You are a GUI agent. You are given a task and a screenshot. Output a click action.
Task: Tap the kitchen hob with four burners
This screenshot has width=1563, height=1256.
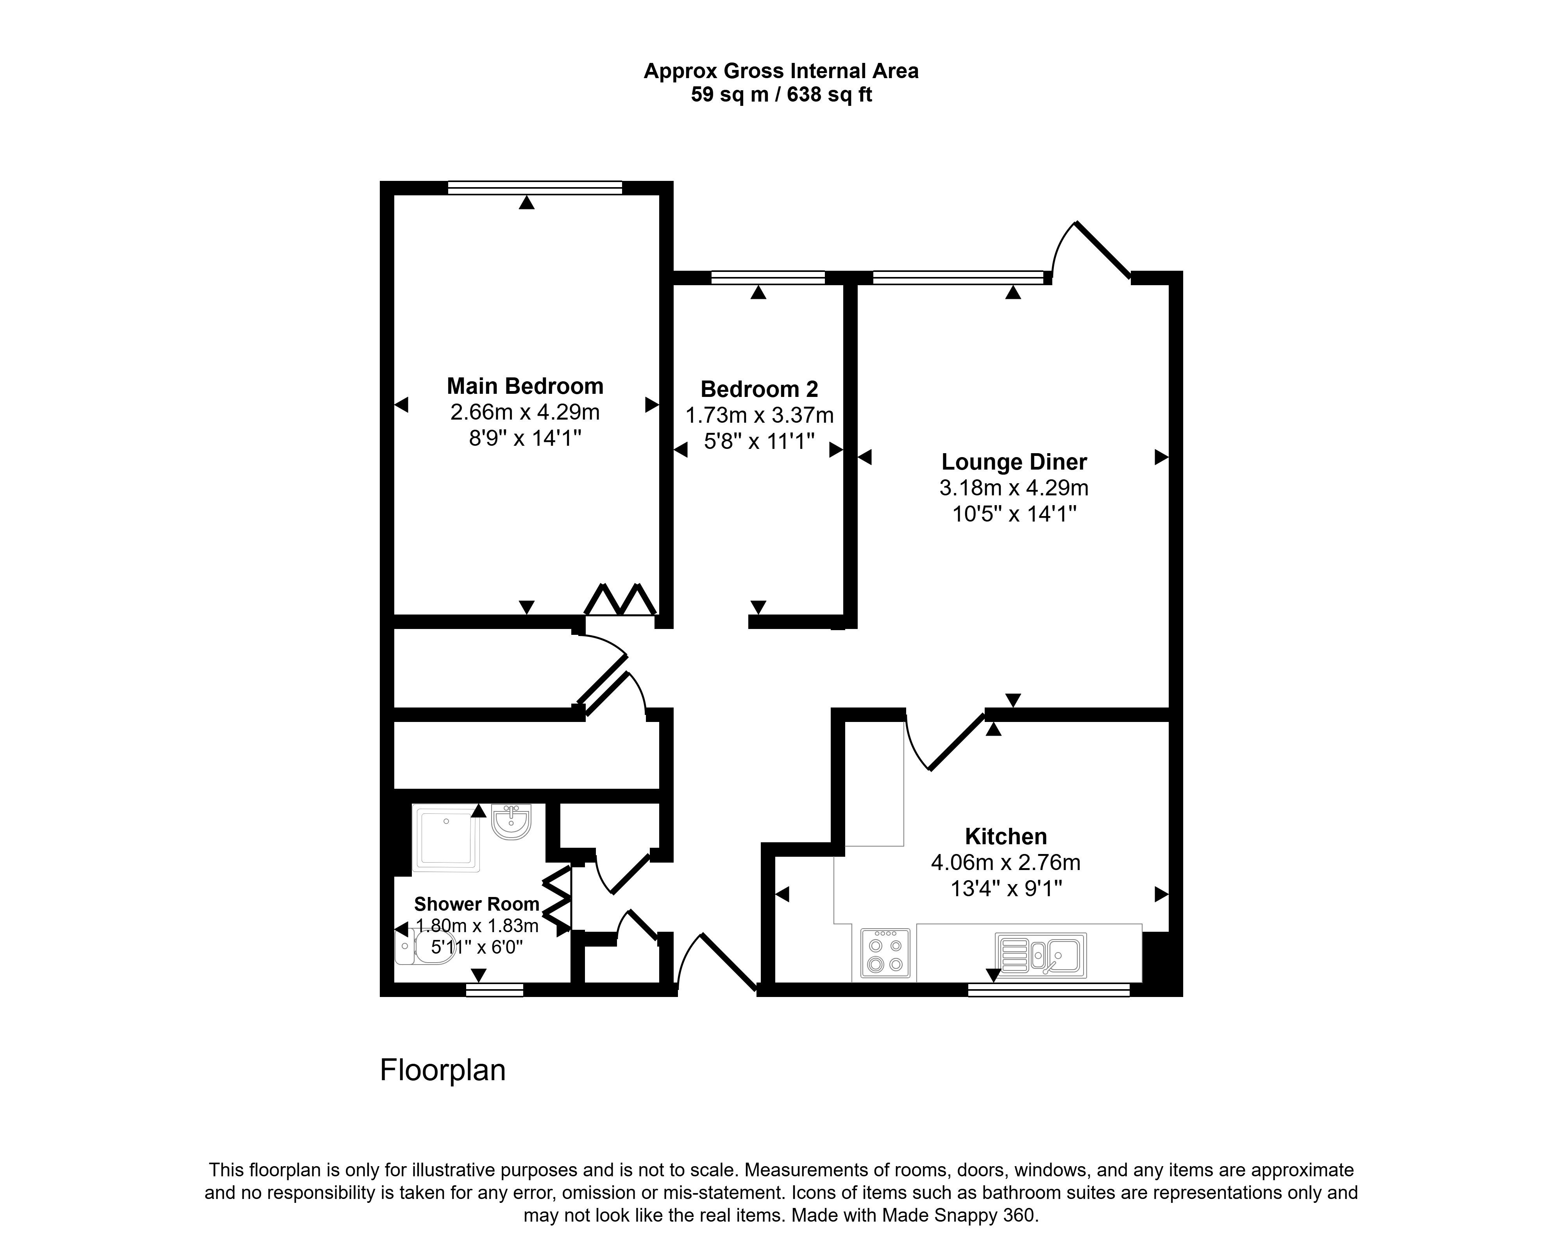click(885, 953)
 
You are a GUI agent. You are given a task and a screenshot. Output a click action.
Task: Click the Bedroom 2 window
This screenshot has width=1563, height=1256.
click(768, 277)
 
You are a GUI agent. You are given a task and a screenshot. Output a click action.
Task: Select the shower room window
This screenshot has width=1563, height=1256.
click(494, 990)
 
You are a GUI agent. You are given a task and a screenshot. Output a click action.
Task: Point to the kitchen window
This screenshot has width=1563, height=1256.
click(1048, 990)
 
